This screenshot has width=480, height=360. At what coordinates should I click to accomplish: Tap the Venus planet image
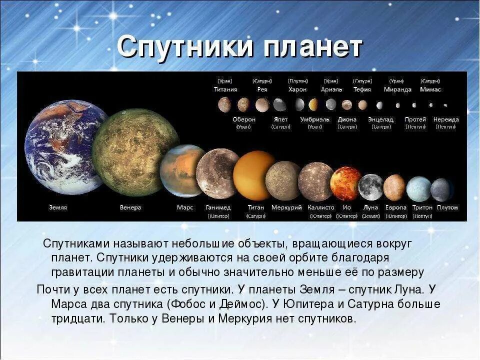[135, 152]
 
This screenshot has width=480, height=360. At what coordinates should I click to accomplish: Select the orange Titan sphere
[253, 175]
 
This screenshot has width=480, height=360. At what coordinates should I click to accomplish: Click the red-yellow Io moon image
[345, 183]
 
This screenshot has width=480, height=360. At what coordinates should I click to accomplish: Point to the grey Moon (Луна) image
[370, 186]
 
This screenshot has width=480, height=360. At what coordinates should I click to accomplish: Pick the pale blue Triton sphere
[418, 188]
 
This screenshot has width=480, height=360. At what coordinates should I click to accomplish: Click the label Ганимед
[218, 207]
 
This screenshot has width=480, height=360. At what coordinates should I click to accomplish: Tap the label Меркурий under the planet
[286, 207]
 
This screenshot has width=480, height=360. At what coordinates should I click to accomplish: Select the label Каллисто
[320, 207]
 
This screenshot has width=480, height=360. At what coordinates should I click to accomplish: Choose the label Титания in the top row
[225, 89]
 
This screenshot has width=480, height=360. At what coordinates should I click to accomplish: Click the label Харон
[297, 89]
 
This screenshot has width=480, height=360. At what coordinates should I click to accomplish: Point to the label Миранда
[397, 89]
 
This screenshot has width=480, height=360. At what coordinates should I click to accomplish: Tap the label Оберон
[244, 119]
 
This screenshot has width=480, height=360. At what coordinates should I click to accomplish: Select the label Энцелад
[380, 119]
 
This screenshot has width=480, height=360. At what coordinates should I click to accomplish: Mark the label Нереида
[446, 119]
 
